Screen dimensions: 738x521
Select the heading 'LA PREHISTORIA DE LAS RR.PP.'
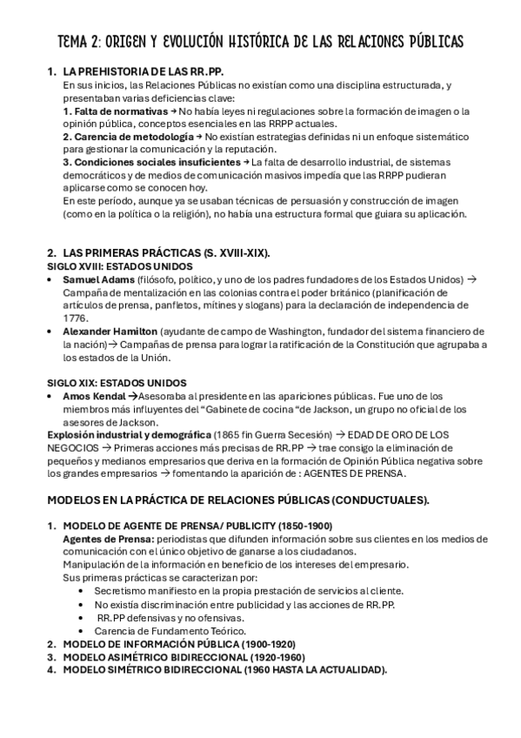[x=149, y=72]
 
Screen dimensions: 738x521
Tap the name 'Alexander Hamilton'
[x=110, y=332]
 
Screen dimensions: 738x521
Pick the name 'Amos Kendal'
[x=94, y=396]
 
